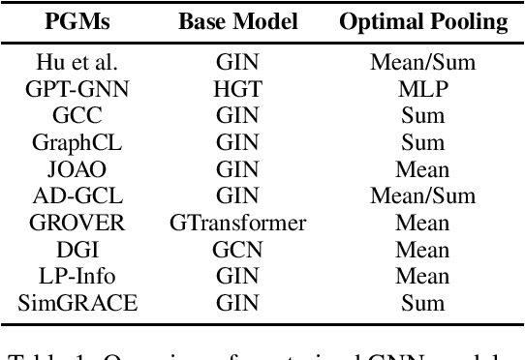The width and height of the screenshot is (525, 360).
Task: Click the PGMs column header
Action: point(77,21)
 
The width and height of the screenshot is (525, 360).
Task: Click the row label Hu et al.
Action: point(77,63)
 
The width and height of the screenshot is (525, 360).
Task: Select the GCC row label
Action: point(77,115)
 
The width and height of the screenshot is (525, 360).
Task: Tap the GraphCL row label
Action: point(77,142)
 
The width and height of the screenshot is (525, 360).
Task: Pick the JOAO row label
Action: point(77,169)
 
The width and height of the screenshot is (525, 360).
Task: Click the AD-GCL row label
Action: point(77,196)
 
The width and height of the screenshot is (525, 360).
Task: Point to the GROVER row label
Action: point(77,223)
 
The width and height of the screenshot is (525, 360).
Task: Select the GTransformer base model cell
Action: point(236,223)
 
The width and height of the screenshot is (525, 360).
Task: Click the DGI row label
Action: point(77,250)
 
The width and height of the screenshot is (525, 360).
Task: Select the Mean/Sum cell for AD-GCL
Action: point(422,196)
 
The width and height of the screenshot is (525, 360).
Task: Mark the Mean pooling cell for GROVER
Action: point(422,223)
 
